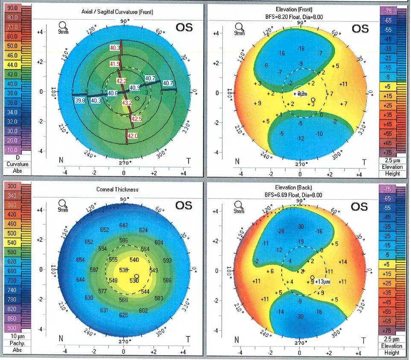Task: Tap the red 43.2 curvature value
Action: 127,103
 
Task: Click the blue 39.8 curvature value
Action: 80,101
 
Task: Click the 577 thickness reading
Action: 102,291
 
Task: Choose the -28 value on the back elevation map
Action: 280,231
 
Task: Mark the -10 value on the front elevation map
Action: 319,134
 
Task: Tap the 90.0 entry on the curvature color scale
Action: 11,8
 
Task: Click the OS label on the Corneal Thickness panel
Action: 184,206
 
